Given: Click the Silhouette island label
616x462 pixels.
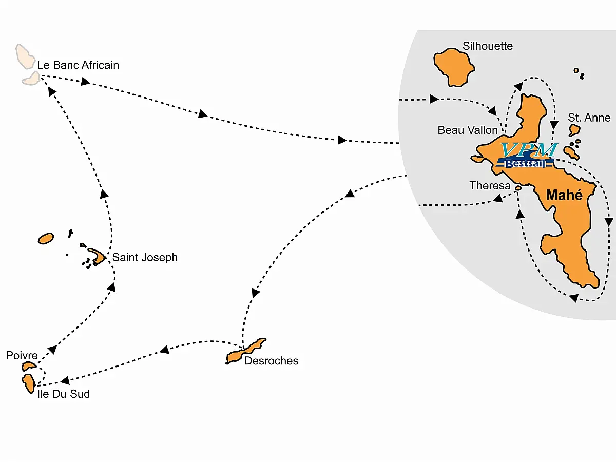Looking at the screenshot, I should pyautogui.click(x=488, y=46).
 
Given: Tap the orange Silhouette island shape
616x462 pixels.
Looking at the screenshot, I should pyautogui.click(x=453, y=67).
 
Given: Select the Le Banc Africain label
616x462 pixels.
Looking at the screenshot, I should pyautogui.click(x=78, y=65).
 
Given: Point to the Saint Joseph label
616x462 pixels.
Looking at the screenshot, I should pyautogui.click(x=145, y=257).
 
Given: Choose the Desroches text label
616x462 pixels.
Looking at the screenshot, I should pyautogui.click(x=271, y=361).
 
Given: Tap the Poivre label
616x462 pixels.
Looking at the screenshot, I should pyautogui.click(x=22, y=355).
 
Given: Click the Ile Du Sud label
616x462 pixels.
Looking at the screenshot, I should pyautogui.click(x=64, y=394).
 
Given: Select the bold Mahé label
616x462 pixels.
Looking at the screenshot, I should pyautogui.click(x=564, y=195).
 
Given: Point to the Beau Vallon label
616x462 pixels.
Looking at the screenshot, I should pyautogui.click(x=468, y=130).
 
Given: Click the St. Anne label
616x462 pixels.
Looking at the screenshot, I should pyautogui.click(x=589, y=118).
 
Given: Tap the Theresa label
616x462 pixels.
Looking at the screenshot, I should pyautogui.click(x=490, y=186).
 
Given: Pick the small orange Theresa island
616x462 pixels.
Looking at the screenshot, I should pyautogui.click(x=518, y=189).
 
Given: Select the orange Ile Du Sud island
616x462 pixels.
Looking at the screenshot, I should pyautogui.click(x=28, y=383).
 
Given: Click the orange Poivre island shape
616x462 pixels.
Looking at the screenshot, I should pyautogui.click(x=29, y=366).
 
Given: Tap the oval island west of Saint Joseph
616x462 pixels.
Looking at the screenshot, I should pyautogui.click(x=46, y=238).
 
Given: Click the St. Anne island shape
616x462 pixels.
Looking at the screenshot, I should pyautogui.click(x=574, y=130).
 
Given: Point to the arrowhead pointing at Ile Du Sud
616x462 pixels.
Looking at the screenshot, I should pyautogui.click(x=65, y=381).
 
